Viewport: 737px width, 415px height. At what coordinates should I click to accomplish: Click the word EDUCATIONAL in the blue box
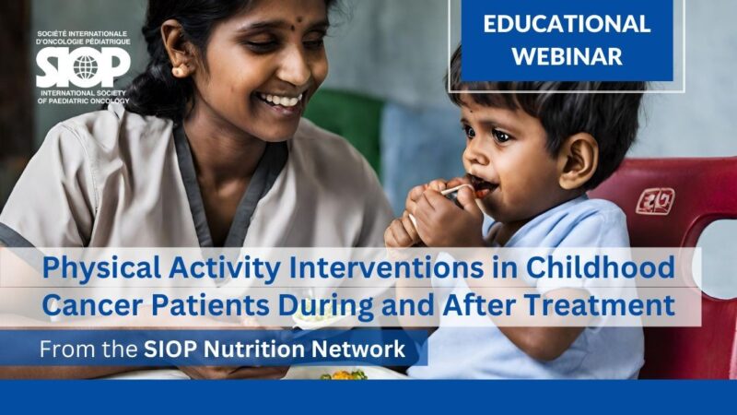pyautogui.click(x=567, y=24)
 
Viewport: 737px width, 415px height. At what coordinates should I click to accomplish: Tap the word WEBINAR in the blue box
pyautogui.click(x=567, y=55)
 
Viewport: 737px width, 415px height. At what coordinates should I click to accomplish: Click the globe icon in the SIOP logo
pyautogui.click(x=85, y=67)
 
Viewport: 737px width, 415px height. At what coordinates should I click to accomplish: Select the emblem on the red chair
pyautogui.click(x=655, y=200)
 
